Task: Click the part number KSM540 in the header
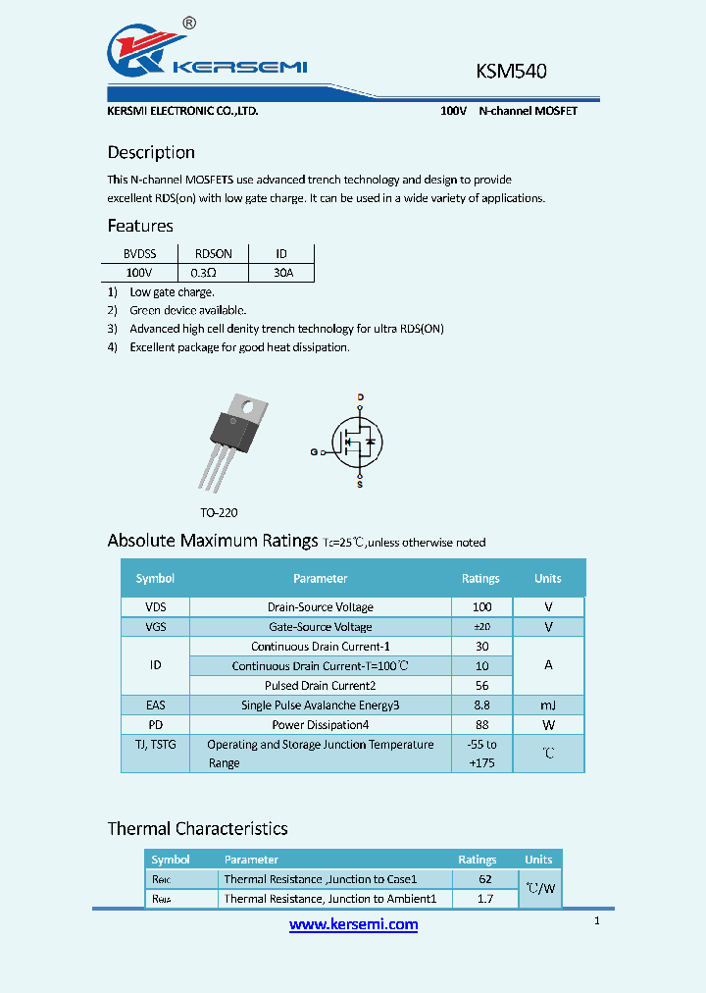click(511, 72)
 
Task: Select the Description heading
click(151, 152)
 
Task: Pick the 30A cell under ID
click(282, 272)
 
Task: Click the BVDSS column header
click(138, 253)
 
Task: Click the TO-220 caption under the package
click(219, 512)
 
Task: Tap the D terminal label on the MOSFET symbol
click(360, 397)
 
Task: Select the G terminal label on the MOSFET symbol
click(314, 452)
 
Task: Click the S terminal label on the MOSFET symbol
click(360, 485)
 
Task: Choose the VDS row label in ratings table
click(155, 607)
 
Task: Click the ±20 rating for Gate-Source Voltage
click(481, 627)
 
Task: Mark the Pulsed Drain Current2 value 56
click(481, 686)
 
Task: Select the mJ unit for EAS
click(548, 705)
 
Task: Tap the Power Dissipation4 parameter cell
click(320, 725)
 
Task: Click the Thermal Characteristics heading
click(197, 828)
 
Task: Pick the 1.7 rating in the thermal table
click(484, 898)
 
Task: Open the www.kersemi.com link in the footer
click(353, 924)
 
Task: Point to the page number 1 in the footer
click(596, 921)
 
